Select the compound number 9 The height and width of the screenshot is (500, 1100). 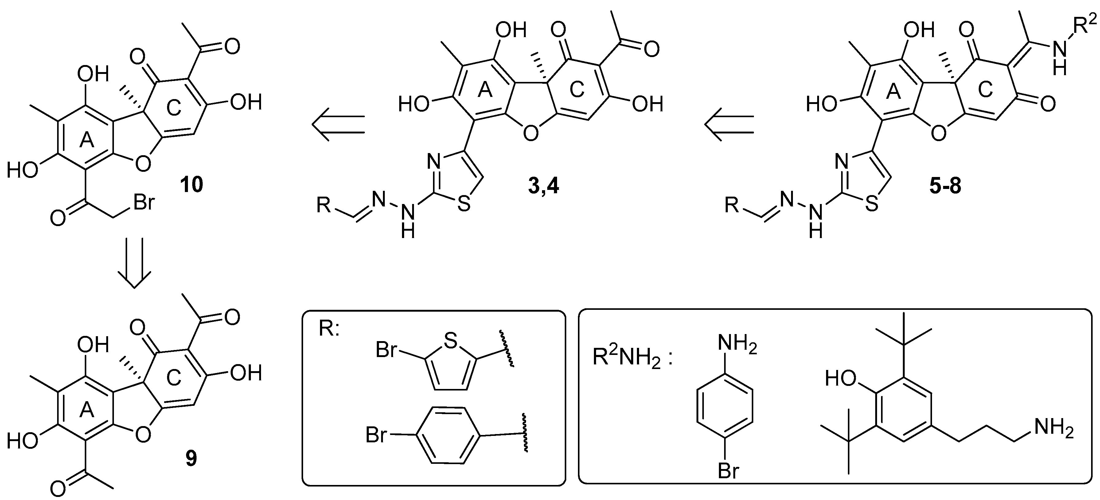tap(191, 458)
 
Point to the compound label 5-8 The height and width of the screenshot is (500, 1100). tap(946, 187)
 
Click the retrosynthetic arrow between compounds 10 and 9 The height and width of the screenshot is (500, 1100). tap(135, 263)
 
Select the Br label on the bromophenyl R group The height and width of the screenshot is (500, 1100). tap(376, 436)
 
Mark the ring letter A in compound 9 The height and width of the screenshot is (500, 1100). tap(87, 410)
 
